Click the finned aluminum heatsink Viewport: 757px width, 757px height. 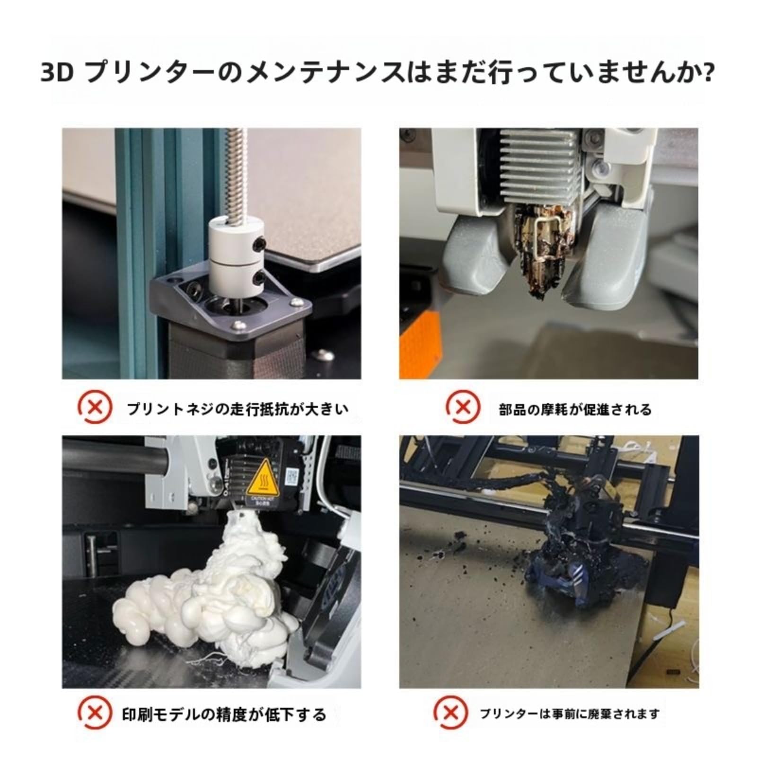[539, 161]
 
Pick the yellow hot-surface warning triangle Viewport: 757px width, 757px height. [263, 487]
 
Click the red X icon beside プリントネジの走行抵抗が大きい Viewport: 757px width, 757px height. [95, 406]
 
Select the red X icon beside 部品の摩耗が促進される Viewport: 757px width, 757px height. [463, 406]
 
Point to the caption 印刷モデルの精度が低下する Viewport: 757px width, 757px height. [224, 714]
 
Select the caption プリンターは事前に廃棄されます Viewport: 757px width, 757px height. [569, 713]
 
